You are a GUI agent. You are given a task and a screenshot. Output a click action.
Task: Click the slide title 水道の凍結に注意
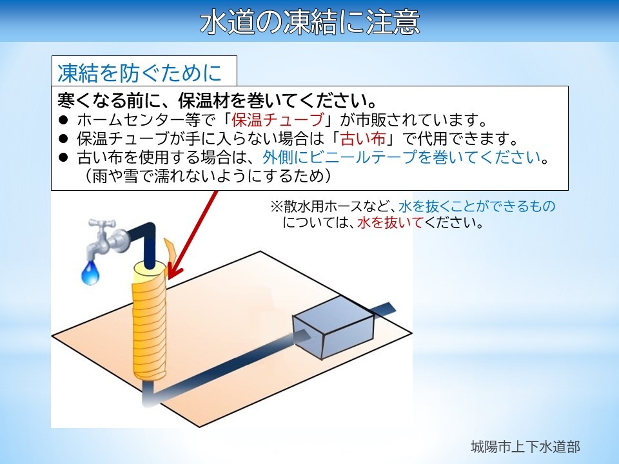click(x=310, y=22)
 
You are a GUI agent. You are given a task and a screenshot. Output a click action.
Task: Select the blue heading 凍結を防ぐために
click(x=139, y=73)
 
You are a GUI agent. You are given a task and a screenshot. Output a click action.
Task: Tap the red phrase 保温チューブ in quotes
click(x=277, y=120)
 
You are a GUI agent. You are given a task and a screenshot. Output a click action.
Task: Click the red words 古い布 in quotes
click(x=363, y=139)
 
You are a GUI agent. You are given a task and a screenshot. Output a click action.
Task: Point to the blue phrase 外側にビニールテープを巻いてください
click(x=402, y=157)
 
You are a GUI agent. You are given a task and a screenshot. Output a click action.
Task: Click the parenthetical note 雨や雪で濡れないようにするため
click(x=207, y=176)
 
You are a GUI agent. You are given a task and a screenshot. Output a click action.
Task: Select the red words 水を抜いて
click(x=390, y=223)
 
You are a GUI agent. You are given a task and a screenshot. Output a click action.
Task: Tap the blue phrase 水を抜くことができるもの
click(x=477, y=206)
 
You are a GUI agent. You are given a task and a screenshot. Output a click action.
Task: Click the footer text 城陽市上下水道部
click(x=526, y=447)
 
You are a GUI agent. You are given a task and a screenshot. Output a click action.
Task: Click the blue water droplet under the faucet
click(x=90, y=273)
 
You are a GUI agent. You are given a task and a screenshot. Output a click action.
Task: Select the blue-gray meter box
click(x=333, y=327)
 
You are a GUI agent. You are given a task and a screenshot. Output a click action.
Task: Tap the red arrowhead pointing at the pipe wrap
click(x=174, y=272)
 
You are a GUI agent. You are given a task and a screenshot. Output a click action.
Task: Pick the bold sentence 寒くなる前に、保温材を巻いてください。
click(x=217, y=101)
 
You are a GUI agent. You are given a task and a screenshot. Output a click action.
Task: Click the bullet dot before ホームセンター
click(x=63, y=120)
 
